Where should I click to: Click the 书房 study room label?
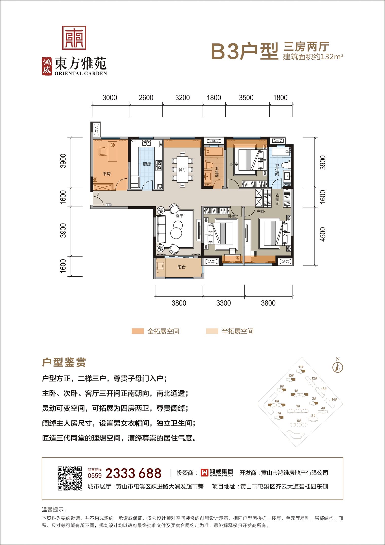coord(107,174)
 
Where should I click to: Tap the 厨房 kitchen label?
coord(147,164)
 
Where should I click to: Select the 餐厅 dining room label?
coord(182,169)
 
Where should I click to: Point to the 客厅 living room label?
coord(179,216)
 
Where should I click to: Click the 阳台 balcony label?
coord(182,267)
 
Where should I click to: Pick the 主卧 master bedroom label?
coord(261,211)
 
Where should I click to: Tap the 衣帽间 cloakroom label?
coord(277,199)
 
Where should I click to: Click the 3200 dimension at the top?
coord(183,98)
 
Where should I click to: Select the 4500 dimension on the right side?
coord(323,234)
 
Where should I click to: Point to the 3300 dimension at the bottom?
coord(223,303)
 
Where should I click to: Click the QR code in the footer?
coord(70,478)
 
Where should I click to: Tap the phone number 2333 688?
coord(133,473)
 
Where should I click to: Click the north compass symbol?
coord(338,366)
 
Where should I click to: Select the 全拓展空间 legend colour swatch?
coord(138,331)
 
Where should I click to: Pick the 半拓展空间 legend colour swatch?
coord(212,331)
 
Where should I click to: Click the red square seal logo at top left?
coord(74,38)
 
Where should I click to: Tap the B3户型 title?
coord(245,52)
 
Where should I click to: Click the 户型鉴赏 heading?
coord(64,363)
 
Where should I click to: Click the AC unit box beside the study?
coord(96,129)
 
